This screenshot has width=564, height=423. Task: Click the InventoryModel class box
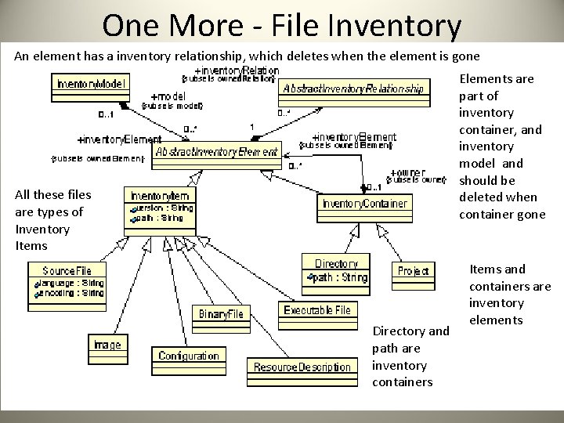click(x=90, y=84)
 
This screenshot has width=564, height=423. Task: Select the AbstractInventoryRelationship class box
click(x=355, y=89)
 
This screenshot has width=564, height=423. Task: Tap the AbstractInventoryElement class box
click(x=217, y=152)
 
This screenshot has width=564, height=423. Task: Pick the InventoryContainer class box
click(x=364, y=204)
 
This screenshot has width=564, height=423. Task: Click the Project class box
click(x=413, y=271)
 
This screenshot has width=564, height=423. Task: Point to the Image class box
click(x=107, y=345)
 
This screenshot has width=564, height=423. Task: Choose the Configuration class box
click(x=189, y=356)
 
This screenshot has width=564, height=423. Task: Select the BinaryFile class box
click(x=220, y=314)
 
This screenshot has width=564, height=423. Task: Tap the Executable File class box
click(x=316, y=311)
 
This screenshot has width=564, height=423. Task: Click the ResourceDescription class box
click(x=302, y=367)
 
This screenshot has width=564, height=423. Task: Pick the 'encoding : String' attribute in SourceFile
click(x=71, y=293)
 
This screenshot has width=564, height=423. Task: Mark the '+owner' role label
click(x=407, y=172)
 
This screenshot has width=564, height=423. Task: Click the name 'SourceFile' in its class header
click(x=67, y=270)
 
